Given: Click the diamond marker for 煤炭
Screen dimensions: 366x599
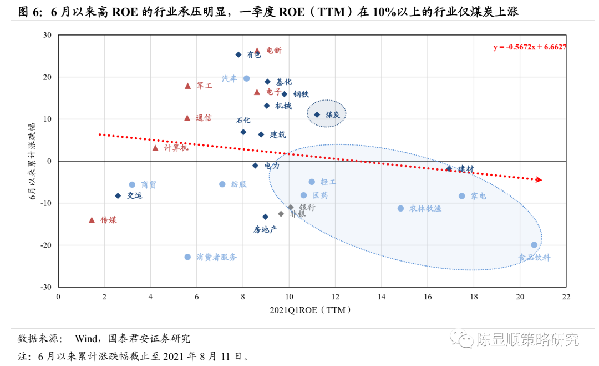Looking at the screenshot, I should (317, 114).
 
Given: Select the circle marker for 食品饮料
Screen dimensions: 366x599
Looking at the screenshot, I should (534, 245).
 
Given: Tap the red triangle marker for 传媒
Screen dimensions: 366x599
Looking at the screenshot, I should (92, 220).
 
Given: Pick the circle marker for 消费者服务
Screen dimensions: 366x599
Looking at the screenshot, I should (187, 257).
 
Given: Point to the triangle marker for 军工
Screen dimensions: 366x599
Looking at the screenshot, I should (187, 86).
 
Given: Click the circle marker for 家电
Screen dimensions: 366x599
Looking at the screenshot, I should (461, 196).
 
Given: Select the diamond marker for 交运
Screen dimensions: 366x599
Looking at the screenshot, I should (118, 195).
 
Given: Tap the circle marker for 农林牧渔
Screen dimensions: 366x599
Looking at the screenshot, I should (400, 208).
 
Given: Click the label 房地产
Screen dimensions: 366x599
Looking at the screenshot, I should (265, 229).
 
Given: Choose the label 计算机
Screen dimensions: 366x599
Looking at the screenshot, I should (176, 148).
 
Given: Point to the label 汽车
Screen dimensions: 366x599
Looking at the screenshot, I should (230, 78).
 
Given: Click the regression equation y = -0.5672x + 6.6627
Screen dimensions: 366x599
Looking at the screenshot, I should (530, 47).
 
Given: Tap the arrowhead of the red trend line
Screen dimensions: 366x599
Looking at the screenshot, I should (539, 179).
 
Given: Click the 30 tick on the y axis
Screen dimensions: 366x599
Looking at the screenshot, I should (47, 36).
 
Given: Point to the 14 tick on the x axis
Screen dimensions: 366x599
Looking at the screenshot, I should (381, 297).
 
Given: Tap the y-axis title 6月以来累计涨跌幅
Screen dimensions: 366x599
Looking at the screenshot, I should (34, 161).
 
